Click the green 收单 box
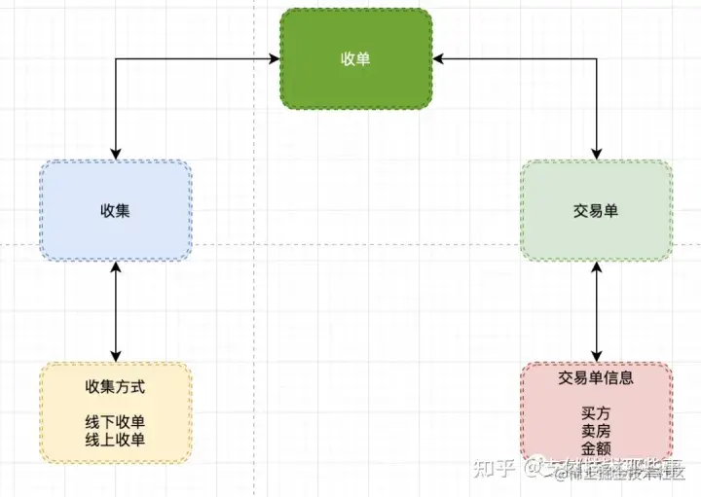click(x=355, y=59)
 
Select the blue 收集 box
click(x=116, y=211)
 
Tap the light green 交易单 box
click(x=596, y=211)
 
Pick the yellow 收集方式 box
click(x=116, y=412)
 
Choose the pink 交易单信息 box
click(x=596, y=412)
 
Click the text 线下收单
click(x=116, y=422)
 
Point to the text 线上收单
click(x=116, y=440)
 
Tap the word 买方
click(x=596, y=413)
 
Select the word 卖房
click(x=596, y=431)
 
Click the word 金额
click(x=596, y=448)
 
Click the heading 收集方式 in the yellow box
click(x=116, y=386)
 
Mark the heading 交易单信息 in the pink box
click(x=596, y=377)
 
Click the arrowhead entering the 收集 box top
click(x=116, y=155)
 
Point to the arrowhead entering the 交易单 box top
click(x=596, y=155)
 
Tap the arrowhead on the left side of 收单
click(x=275, y=59)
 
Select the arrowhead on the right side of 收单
click(x=437, y=59)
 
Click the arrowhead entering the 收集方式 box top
click(x=116, y=356)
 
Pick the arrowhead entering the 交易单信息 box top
click(x=596, y=356)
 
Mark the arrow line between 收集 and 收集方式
click(x=116, y=311)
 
